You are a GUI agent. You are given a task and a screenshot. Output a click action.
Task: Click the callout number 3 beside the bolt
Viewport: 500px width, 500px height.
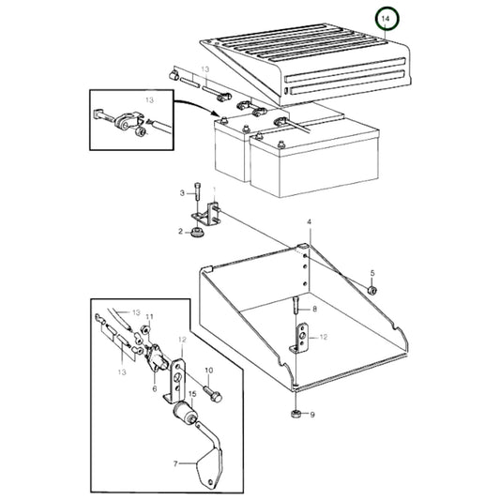tap(183, 193)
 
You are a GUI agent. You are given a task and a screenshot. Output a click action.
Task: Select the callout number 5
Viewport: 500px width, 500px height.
tap(371, 273)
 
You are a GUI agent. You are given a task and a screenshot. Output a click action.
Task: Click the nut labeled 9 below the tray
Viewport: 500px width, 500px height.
tap(296, 414)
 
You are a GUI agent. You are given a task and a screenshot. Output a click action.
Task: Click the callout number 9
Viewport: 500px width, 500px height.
tap(313, 415)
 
